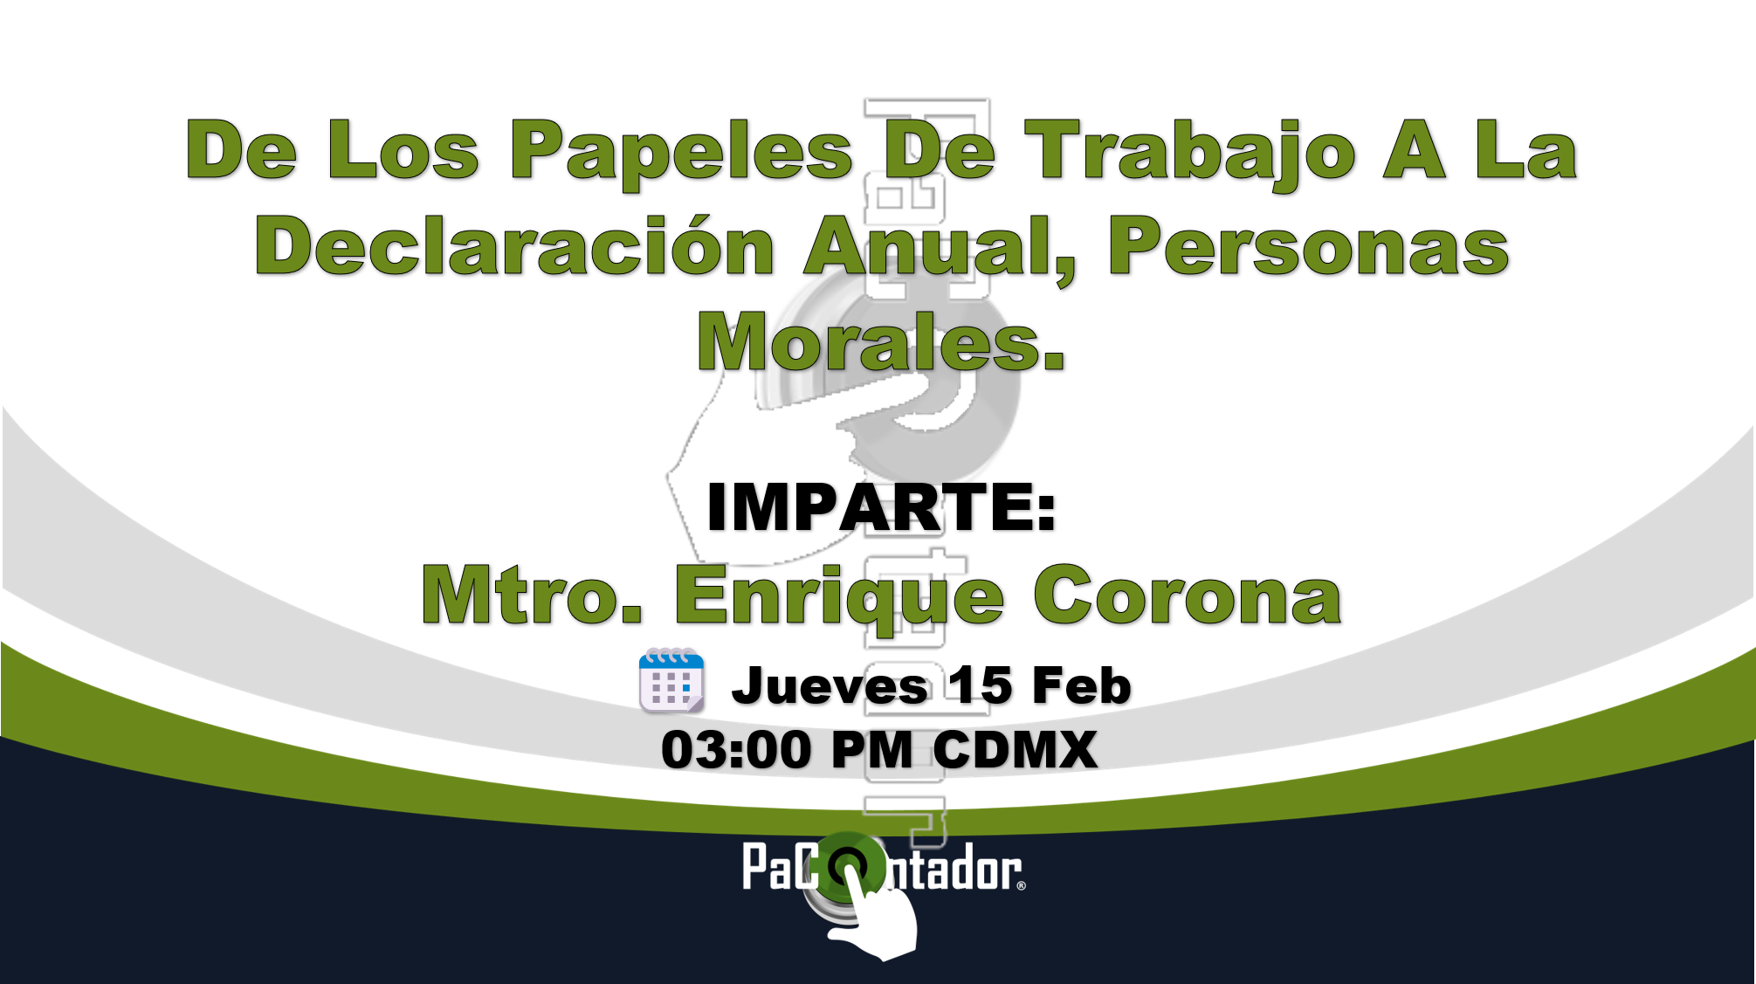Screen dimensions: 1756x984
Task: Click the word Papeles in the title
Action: (x=681, y=155)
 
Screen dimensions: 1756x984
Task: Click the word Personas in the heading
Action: (x=1309, y=247)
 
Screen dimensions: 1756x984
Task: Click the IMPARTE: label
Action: (x=881, y=507)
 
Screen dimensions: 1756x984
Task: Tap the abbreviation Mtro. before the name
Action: (x=532, y=595)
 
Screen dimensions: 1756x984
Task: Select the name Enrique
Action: (x=839, y=599)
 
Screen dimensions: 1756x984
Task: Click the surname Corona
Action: (x=1188, y=595)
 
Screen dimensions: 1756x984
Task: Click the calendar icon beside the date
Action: (x=671, y=681)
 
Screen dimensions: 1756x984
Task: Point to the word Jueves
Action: (x=830, y=686)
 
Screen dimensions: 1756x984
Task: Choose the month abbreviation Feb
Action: (x=1082, y=685)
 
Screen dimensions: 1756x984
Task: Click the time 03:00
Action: (x=736, y=750)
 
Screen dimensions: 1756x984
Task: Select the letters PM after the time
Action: (x=872, y=750)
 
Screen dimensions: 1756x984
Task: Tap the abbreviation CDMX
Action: (x=1016, y=750)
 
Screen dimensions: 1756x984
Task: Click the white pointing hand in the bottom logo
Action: (x=873, y=912)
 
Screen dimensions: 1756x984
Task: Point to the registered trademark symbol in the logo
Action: (x=1021, y=885)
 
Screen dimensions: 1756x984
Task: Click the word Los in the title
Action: (x=403, y=151)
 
